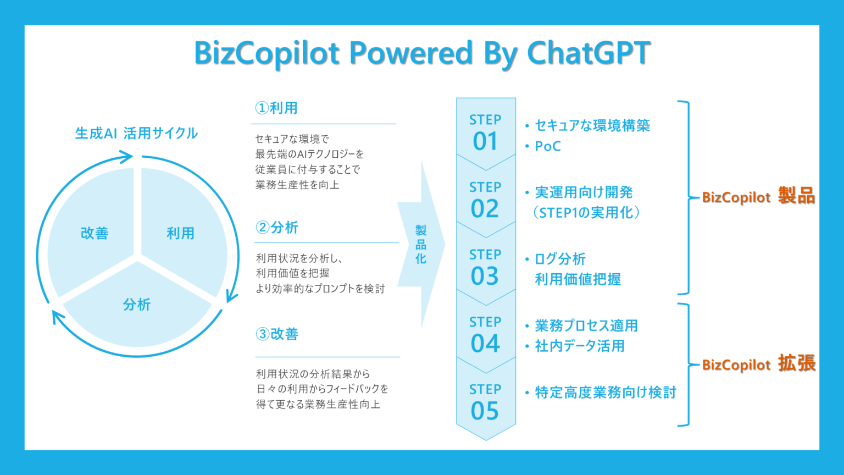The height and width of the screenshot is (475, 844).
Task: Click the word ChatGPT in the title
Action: [588, 53]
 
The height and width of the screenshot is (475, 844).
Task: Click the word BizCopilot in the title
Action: [267, 53]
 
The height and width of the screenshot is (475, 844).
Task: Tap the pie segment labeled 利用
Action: [181, 233]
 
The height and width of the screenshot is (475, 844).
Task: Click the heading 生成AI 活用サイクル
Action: [136, 133]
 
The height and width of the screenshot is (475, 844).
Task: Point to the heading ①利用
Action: [276, 108]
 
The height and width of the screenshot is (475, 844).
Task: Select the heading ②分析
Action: [277, 228]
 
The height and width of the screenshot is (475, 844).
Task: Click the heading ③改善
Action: [277, 334]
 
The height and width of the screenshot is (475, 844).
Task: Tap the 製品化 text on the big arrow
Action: [421, 245]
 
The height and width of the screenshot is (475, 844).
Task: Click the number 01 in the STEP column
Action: [485, 141]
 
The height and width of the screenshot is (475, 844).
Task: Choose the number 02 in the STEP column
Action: [485, 209]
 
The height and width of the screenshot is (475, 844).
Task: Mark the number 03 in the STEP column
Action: [485, 276]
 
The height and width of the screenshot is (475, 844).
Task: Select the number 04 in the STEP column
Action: [485, 344]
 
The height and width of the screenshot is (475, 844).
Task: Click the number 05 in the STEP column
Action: [485, 411]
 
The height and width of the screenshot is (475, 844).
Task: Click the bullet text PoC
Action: [548, 146]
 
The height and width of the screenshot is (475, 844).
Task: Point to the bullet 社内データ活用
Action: [580, 346]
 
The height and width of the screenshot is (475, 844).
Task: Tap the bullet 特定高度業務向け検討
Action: [606, 393]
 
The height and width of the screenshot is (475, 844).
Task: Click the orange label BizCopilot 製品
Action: [758, 196]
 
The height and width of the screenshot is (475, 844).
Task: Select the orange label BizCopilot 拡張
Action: [758, 364]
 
